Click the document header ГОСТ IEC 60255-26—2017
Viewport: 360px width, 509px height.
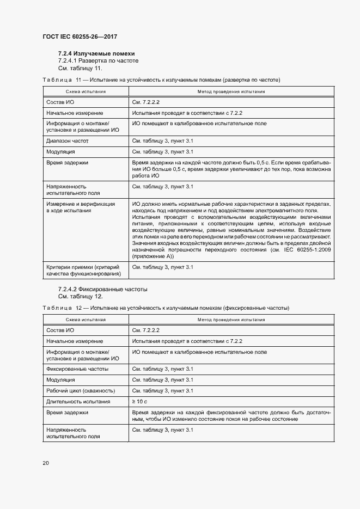(x=80, y=36)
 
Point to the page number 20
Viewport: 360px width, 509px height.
(x=46, y=463)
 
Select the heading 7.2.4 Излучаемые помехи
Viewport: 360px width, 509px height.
(x=96, y=54)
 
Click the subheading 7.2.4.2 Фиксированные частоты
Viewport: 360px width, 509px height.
(x=102, y=289)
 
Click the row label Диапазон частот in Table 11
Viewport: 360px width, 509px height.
(x=68, y=141)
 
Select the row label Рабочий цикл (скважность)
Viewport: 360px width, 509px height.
(x=81, y=391)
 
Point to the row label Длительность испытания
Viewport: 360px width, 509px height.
(x=78, y=401)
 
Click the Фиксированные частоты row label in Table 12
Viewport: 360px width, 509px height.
(x=77, y=369)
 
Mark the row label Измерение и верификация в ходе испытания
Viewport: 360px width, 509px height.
(x=81, y=207)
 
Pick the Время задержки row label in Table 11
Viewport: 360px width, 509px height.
(x=68, y=162)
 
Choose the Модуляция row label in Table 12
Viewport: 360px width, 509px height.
(x=61, y=380)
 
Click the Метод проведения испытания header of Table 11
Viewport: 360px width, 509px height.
(x=231, y=91)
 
